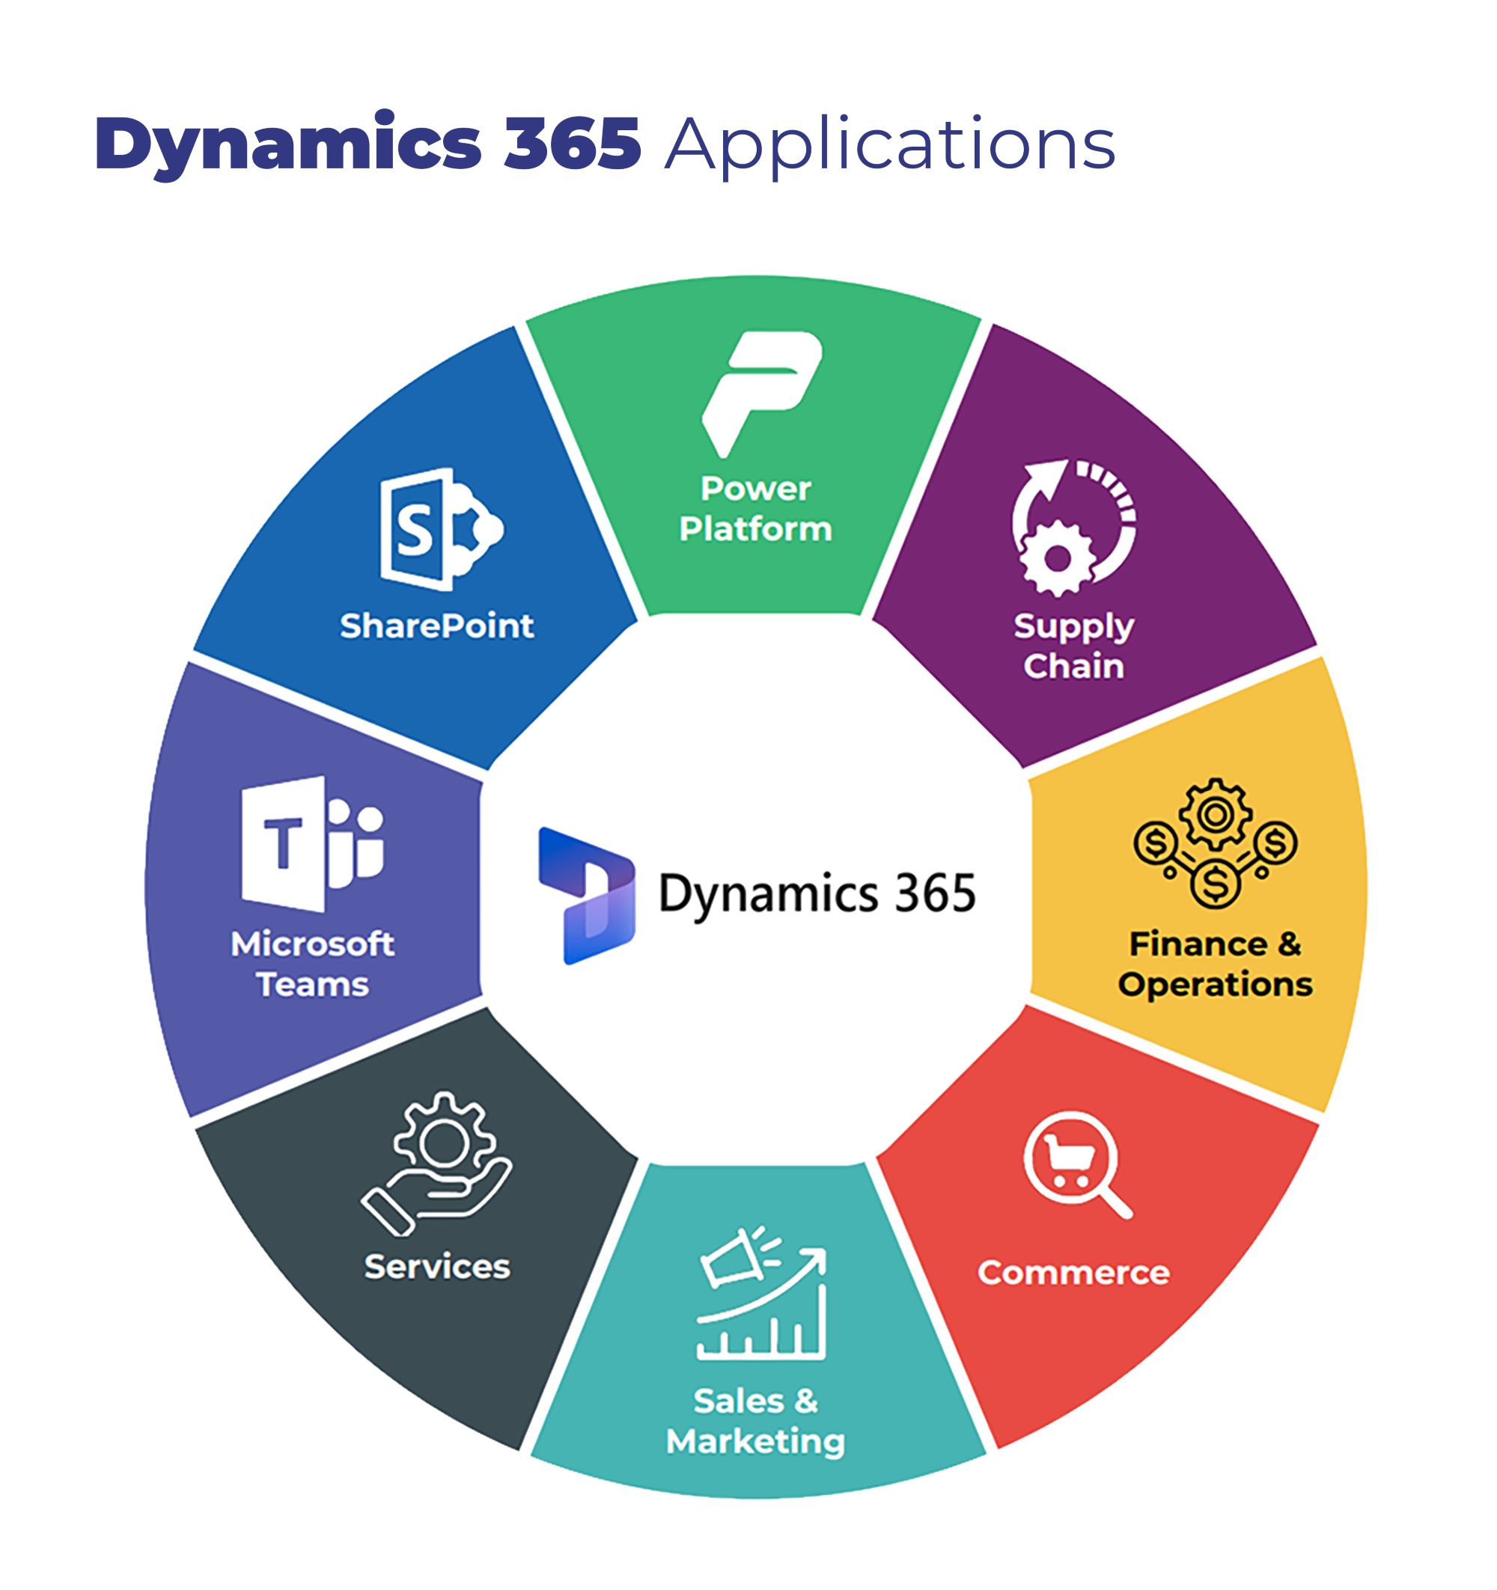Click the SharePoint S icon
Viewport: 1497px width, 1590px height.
click(x=439, y=529)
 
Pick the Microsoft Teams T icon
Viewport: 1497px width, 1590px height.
click(x=312, y=843)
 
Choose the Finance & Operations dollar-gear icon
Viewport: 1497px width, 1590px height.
click(x=1215, y=843)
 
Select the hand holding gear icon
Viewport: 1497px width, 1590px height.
click(x=437, y=1163)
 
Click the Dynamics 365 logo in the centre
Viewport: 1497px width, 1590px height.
click(x=587, y=895)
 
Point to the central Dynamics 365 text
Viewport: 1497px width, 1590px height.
click(x=816, y=893)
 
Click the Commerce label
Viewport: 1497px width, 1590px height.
click(x=1073, y=1273)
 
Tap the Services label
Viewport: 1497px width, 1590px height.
click(x=437, y=1267)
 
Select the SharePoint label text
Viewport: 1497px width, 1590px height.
click(x=437, y=626)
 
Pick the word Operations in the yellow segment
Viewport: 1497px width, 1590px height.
click(x=1215, y=985)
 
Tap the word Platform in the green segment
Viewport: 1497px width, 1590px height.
click(x=755, y=530)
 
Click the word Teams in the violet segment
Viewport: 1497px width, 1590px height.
click(x=312, y=985)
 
